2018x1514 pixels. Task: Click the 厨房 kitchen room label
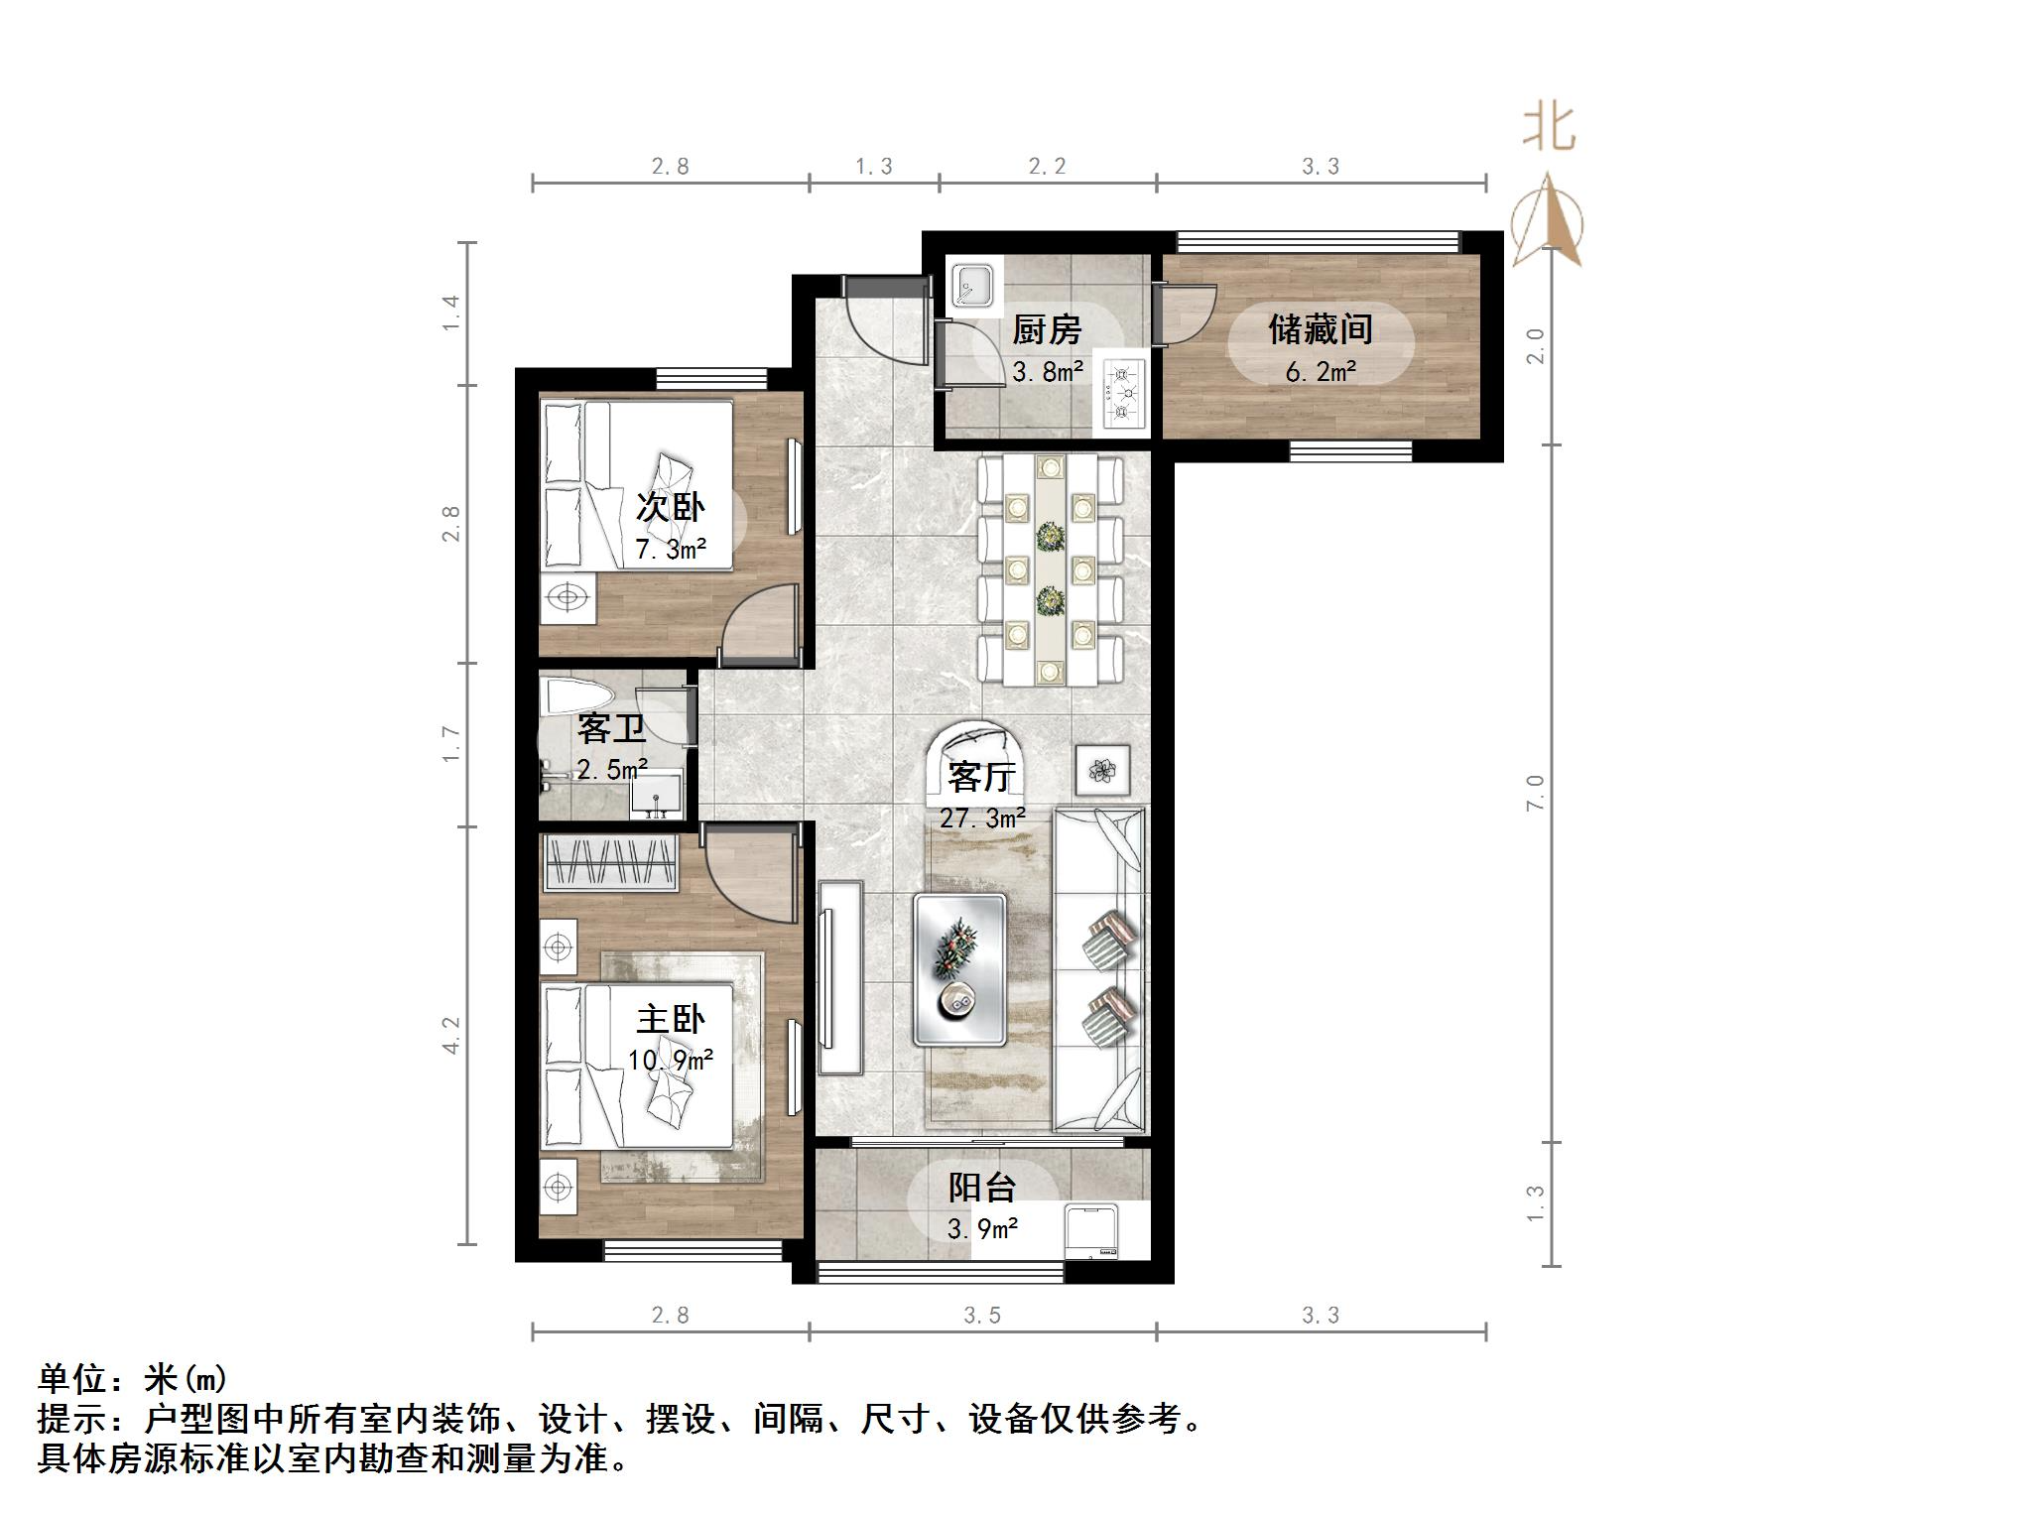(x=1046, y=330)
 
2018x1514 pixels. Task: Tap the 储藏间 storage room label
(x=1320, y=329)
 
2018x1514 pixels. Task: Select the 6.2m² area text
(x=1321, y=373)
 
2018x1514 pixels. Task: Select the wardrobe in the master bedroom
(x=610, y=862)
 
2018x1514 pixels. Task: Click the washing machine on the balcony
(x=1091, y=1231)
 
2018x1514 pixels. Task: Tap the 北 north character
(x=1549, y=129)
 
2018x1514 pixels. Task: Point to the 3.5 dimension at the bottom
(x=982, y=1316)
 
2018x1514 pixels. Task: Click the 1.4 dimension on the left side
(x=451, y=313)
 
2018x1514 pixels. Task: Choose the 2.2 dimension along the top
(x=1047, y=167)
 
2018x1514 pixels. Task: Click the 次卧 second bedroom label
(x=670, y=508)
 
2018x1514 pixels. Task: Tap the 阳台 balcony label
(x=982, y=1188)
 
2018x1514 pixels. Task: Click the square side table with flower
(x=1102, y=770)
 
